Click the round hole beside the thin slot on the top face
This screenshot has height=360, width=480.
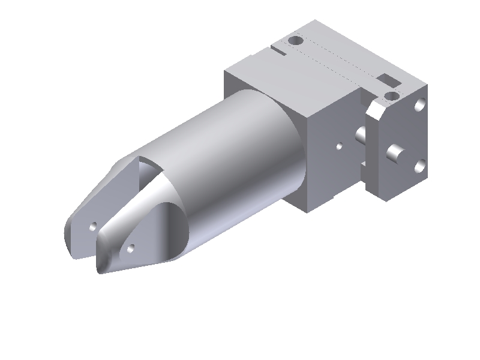click(x=295, y=41)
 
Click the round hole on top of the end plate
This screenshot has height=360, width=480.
click(x=391, y=95)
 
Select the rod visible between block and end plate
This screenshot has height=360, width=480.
click(x=361, y=136)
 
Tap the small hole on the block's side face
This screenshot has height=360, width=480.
click(x=339, y=145)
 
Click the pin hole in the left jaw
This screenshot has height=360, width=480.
click(x=93, y=226)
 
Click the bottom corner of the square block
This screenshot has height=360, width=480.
click(x=310, y=212)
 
